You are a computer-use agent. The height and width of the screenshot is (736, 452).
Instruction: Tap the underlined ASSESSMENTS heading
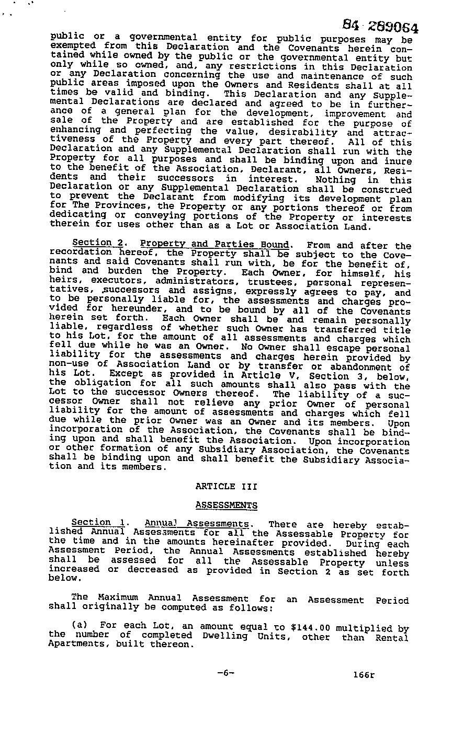(x=226, y=505)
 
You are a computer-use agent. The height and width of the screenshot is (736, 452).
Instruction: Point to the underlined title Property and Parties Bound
(x=214, y=244)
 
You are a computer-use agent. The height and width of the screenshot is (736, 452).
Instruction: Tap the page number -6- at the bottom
(x=225, y=673)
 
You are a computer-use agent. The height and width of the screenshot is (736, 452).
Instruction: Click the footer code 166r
(x=364, y=675)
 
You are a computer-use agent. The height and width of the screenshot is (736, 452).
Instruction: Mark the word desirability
(x=296, y=132)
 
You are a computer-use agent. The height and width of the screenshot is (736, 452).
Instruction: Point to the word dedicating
(x=77, y=215)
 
